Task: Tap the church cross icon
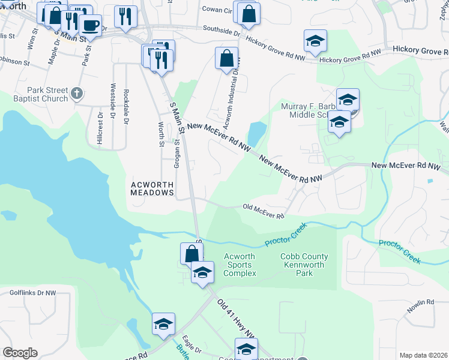(76, 93)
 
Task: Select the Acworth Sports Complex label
(240, 265)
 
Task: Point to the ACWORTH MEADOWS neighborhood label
(152, 188)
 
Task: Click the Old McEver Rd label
(263, 211)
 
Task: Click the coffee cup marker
(91, 25)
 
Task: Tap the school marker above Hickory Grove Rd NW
(315, 41)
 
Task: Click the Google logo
(20, 353)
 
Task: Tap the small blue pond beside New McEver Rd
(256, 133)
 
